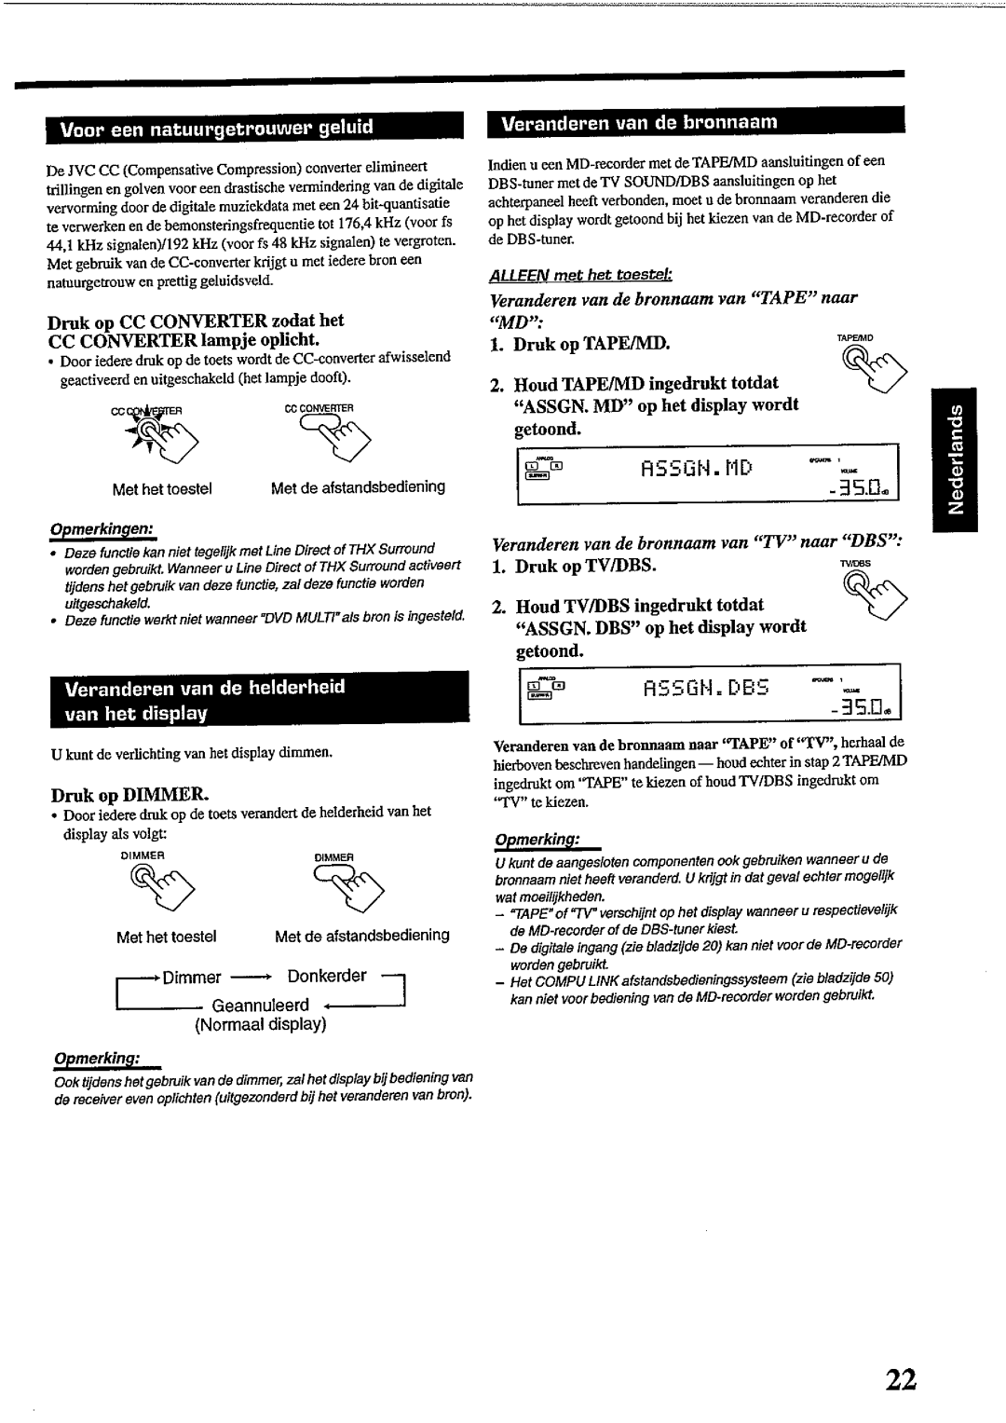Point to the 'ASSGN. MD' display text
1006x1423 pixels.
click(698, 466)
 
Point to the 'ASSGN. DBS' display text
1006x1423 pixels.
click(706, 690)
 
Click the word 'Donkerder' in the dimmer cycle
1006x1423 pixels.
click(327, 976)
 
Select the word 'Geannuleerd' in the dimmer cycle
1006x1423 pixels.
click(260, 1006)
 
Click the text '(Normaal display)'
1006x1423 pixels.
click(260, 1025)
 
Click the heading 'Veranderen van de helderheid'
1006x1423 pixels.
click(205, 687)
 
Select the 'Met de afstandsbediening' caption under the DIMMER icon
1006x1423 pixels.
click(361, 935)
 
